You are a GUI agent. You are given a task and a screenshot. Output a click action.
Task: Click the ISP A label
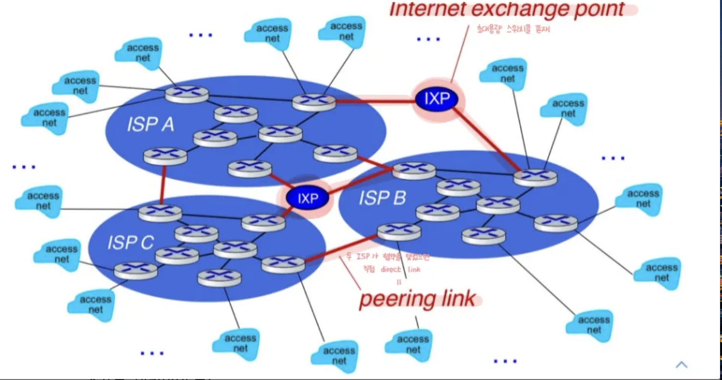point(150,124)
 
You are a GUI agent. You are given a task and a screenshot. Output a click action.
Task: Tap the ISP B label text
point(382,198)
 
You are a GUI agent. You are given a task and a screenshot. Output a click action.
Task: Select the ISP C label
point(130,241)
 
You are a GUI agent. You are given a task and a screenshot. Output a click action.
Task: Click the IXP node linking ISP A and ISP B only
point(437,100)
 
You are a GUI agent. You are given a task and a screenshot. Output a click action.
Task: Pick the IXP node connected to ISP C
point(308,198)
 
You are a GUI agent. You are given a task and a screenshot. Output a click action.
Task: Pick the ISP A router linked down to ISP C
point(165,156)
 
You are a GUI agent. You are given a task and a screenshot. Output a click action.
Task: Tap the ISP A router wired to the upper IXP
point(314,102)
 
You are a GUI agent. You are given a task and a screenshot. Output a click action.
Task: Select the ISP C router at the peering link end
point(283,264)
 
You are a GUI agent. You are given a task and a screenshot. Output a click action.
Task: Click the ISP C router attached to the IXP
point(263,223)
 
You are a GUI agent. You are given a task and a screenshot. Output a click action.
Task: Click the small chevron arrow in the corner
point(681,364)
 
